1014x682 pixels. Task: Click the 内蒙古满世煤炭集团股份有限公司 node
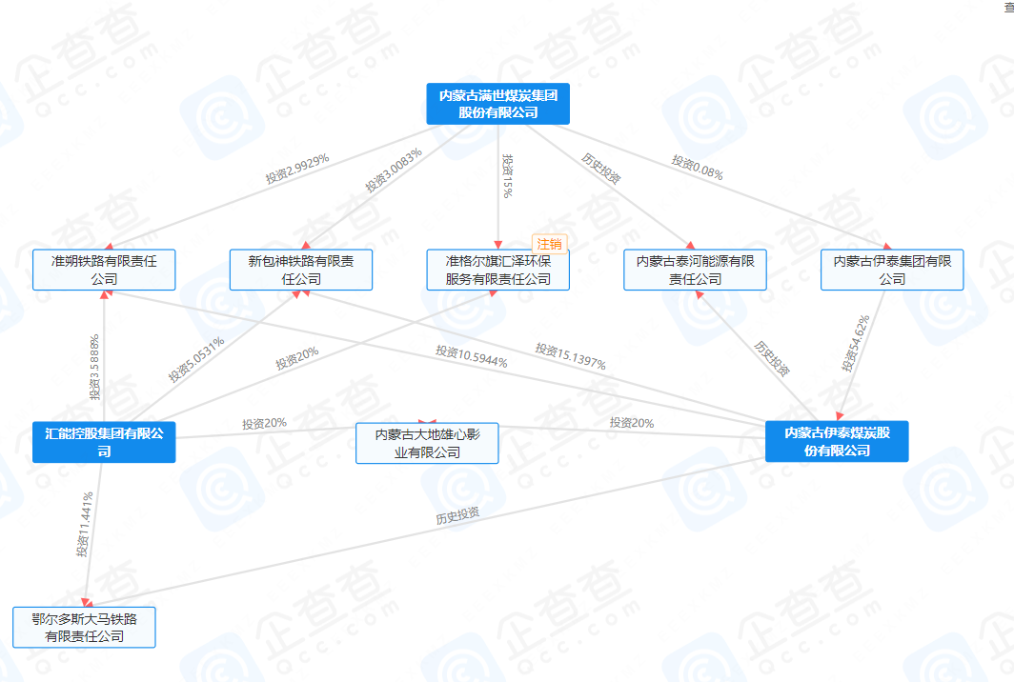pyautogui.click(x=497, y=104)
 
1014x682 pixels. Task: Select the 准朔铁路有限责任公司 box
pyautogui.click(x=104, y=270)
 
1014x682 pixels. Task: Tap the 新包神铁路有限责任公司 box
pyautogui.click(x=301, y=270)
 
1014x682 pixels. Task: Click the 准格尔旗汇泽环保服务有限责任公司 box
pyautogui.click(x=497, y=270)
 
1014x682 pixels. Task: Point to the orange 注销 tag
pyautogui.click(x=550, y=243)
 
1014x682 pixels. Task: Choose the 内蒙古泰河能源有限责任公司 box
pyautogui.click(x=695, y=270)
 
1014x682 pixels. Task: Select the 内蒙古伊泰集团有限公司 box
pyautogui.click(x=892, y=270)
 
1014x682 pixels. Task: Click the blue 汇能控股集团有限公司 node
pyautogui.click(x=104, y=442)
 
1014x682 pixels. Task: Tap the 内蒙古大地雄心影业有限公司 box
pyautogui.click(x=427, y=443)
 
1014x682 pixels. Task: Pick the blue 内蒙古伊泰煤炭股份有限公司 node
pyautogui.click(x=837, y=441)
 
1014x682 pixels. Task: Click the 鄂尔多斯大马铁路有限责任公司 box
pyautogui.click(x=84, y=628)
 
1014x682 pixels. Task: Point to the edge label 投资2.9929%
pyautogui.click(x=297, y=168)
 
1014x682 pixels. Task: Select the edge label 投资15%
pyautogui.click(x=508, y=176)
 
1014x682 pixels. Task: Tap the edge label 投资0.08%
pyautogui.click(x=697, y=168)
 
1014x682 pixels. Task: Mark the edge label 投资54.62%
pyautogui.click(x=856, y=343)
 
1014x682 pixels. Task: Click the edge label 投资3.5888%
pyautogui.click(x=95, y=367)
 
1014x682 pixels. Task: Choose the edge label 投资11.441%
pyautogui.click(x=85, y=524)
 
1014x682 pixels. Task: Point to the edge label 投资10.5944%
pyautogui.click(x=471, y=356)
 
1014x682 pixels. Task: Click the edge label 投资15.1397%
pyautogui.click(x=570, y=356)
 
